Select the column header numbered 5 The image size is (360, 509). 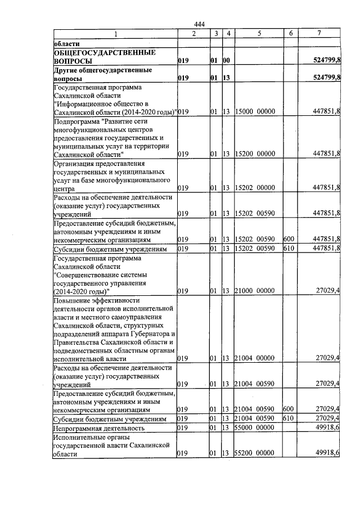259,34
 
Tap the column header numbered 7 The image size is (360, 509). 319,34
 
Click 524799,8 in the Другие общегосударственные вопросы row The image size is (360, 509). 326,78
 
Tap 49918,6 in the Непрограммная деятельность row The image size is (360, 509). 327,428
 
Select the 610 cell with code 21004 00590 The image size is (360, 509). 289,419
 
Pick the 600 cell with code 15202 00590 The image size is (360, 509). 289,239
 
